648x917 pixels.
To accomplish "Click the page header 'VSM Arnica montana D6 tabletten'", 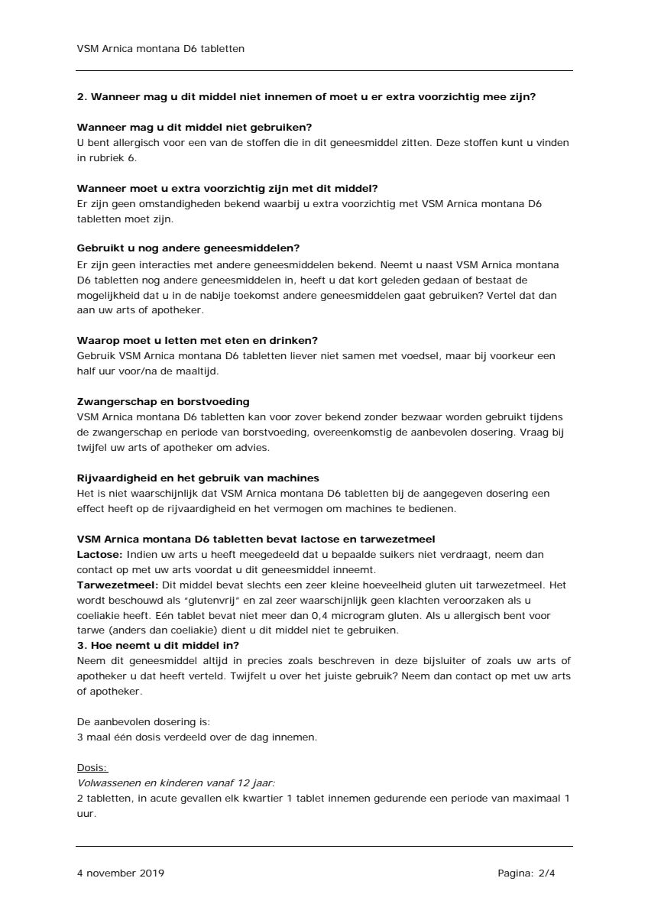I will point(160,48).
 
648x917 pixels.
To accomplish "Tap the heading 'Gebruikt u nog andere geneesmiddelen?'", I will point(188,248).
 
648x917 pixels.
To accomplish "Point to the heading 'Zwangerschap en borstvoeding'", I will point(163,401).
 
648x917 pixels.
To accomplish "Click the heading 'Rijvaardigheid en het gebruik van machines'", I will point(198,478).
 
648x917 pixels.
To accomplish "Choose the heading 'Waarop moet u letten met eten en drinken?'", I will point(197,340).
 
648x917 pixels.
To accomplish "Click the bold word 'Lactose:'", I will point(100,554).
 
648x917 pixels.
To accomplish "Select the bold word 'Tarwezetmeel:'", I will point(115,585).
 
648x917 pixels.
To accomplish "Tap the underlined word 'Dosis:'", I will point(92,767).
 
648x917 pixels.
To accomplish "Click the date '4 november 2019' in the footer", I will point(120,873).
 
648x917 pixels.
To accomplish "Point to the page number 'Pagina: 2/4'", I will point(526,873).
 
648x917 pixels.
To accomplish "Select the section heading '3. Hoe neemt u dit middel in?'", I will point(158,645).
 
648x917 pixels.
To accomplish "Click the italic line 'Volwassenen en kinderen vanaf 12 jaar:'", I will point(176,783).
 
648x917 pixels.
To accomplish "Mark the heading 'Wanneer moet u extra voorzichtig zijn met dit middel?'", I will point(227,188).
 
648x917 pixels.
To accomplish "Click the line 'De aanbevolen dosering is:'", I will point(143,721).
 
